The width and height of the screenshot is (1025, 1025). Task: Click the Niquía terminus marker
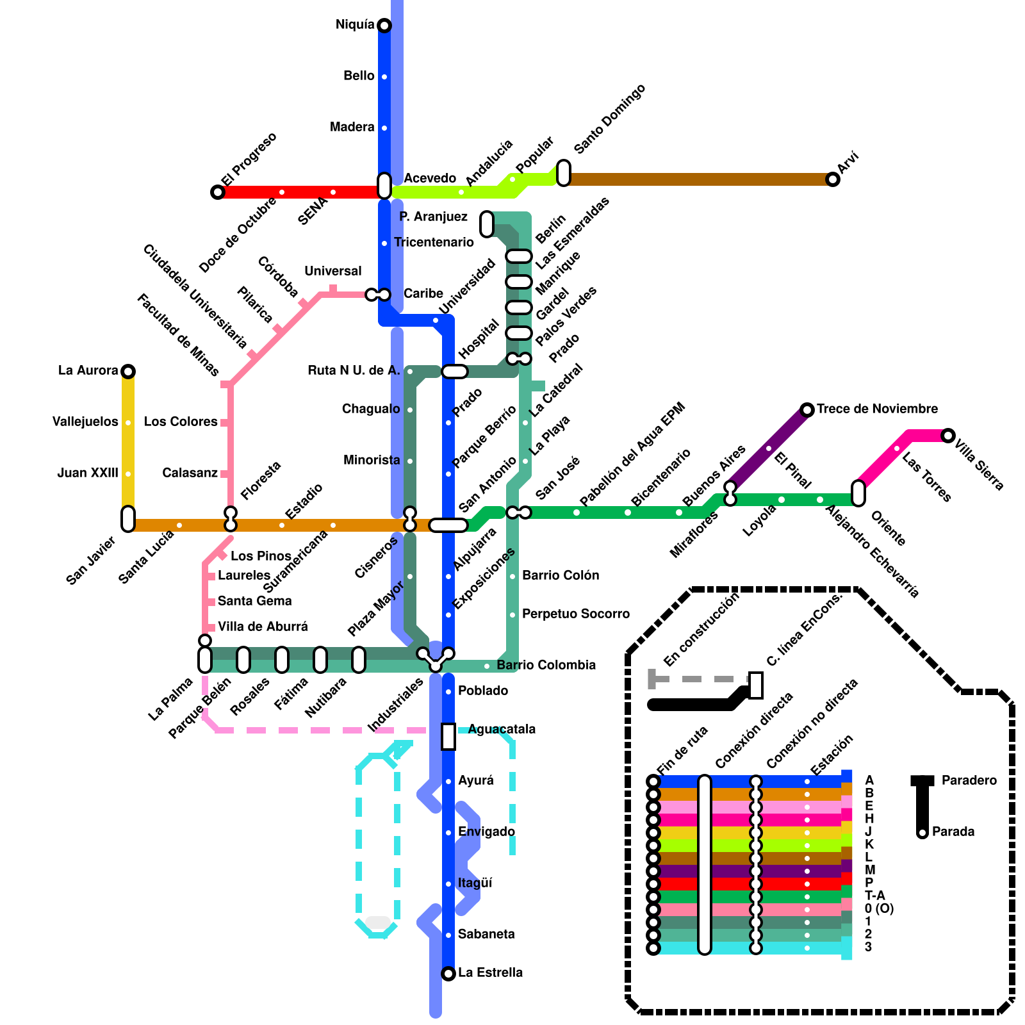384,26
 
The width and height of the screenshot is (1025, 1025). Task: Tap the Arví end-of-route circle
833,179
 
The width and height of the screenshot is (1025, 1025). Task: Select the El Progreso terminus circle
218,192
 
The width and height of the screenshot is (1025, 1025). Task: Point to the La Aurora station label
88,370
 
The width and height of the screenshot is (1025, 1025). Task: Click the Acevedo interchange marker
384,186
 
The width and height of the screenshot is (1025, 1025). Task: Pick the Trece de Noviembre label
877,409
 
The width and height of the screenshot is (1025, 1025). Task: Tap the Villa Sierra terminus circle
948,436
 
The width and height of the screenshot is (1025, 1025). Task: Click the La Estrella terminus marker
448,974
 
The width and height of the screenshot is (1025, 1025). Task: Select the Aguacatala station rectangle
448,736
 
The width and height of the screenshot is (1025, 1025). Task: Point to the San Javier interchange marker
128,519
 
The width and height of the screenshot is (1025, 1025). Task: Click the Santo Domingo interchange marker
564,173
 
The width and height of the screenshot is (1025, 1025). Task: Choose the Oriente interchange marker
858,493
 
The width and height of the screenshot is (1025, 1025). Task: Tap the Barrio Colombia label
546,665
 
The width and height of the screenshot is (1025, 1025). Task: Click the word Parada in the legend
953,832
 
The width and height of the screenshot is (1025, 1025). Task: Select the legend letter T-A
874,896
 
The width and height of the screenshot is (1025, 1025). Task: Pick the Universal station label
332,271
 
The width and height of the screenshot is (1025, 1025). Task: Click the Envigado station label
486,832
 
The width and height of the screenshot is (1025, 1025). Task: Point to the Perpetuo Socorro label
575,614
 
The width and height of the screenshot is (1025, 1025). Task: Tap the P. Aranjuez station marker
487,224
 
